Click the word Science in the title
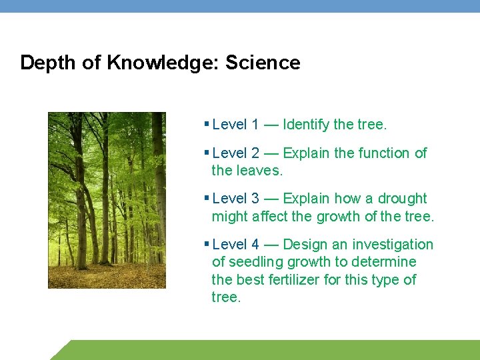(x=263, y=63)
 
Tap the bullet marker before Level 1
(x=207, y=124)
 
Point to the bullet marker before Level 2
(x=207, y=153)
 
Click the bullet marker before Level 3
(x=207, y=198)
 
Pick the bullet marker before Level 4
(x=207, y=244)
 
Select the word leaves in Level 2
(x=260, y=171)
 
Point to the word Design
(x=305, y=245)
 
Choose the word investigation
(x=393, y=245)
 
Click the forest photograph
(x=107, y=200)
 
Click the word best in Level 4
(x=248, y=280)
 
